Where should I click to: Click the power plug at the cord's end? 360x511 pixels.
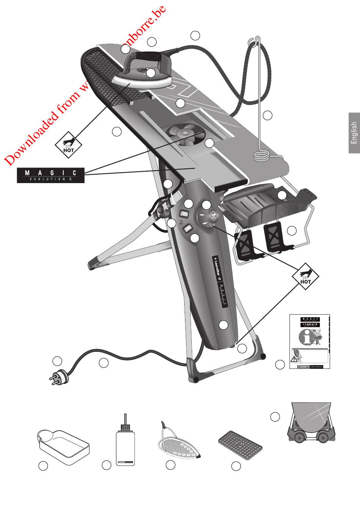point(58,377)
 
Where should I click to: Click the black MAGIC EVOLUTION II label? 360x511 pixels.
point(50,176)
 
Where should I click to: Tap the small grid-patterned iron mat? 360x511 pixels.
point(240,444)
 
